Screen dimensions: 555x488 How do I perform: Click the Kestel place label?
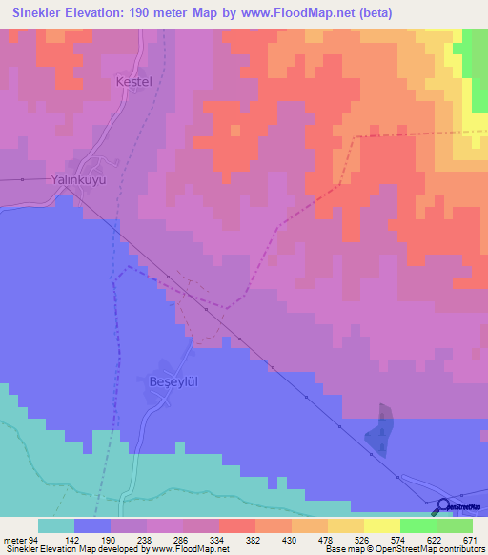tap(133, 82)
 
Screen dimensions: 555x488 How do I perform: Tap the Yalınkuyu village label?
tap(77, 178)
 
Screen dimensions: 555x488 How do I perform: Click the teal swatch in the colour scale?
tap(56, 525)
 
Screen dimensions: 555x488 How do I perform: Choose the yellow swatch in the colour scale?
tap(382, 525)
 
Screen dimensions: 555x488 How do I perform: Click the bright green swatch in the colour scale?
tap(418, 525)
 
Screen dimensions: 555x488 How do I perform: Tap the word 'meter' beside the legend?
tap(15, 539)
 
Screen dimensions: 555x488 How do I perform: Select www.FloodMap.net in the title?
tap(285, 12)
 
